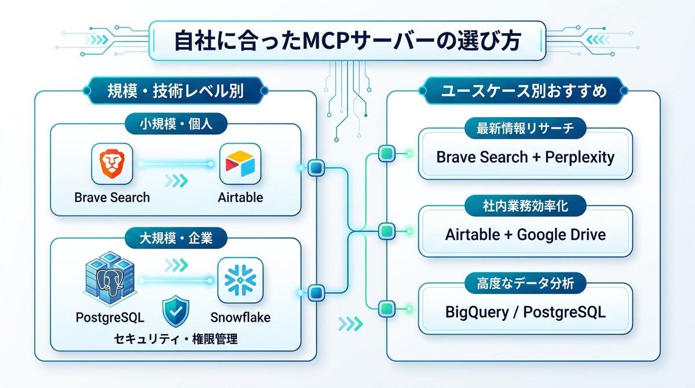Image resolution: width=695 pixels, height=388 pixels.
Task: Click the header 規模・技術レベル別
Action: coord(175,91)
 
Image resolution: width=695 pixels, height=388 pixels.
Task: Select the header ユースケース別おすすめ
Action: coord(524,91)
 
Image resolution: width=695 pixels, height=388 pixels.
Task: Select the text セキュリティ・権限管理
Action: coord(175,339)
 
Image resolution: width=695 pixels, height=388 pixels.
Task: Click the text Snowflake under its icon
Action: coord(240,317)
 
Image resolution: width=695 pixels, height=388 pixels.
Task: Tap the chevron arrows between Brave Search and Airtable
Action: coord(176,181)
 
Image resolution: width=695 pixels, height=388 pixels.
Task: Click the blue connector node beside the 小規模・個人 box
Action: coord(316,169)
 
